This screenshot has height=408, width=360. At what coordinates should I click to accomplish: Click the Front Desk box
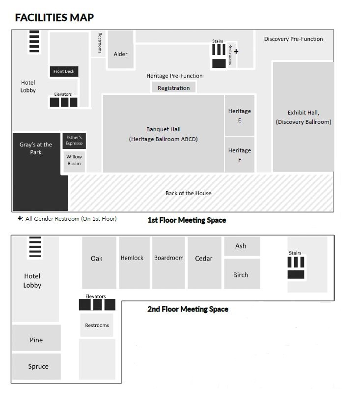point(64,71)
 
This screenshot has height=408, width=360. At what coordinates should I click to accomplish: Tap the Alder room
point(121,50)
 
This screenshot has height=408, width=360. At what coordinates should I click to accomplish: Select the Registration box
point(174,87)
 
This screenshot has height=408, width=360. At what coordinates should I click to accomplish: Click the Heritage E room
point(239,115)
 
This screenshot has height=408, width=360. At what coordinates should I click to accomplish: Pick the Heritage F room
point(239,154)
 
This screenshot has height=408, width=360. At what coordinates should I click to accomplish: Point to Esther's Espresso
point(74,141)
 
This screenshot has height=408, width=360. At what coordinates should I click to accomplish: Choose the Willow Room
point(74,162)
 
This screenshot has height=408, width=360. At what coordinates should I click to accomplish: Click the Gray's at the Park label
point(36,148)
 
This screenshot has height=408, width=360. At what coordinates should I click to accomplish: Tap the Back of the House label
point(189,193)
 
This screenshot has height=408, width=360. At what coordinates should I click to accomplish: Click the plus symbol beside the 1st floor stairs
point(236,52)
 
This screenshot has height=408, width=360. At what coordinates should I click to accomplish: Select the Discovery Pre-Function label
point(294,39)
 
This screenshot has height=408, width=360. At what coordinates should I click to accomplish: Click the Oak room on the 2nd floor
point(99,262)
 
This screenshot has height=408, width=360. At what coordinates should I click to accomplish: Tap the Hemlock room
point(134,262)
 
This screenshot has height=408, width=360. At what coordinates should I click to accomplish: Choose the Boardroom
point(168,262)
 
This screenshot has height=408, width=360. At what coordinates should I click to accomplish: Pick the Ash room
point(242,246)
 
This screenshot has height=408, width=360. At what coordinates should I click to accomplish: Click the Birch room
point(242,274)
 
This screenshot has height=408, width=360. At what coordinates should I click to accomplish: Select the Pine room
point(36,338)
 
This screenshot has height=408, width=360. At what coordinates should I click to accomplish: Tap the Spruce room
point(36,366)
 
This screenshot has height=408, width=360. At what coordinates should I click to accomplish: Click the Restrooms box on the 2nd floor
point(97,325)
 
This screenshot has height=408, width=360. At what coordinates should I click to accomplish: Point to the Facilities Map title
point(55,17)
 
